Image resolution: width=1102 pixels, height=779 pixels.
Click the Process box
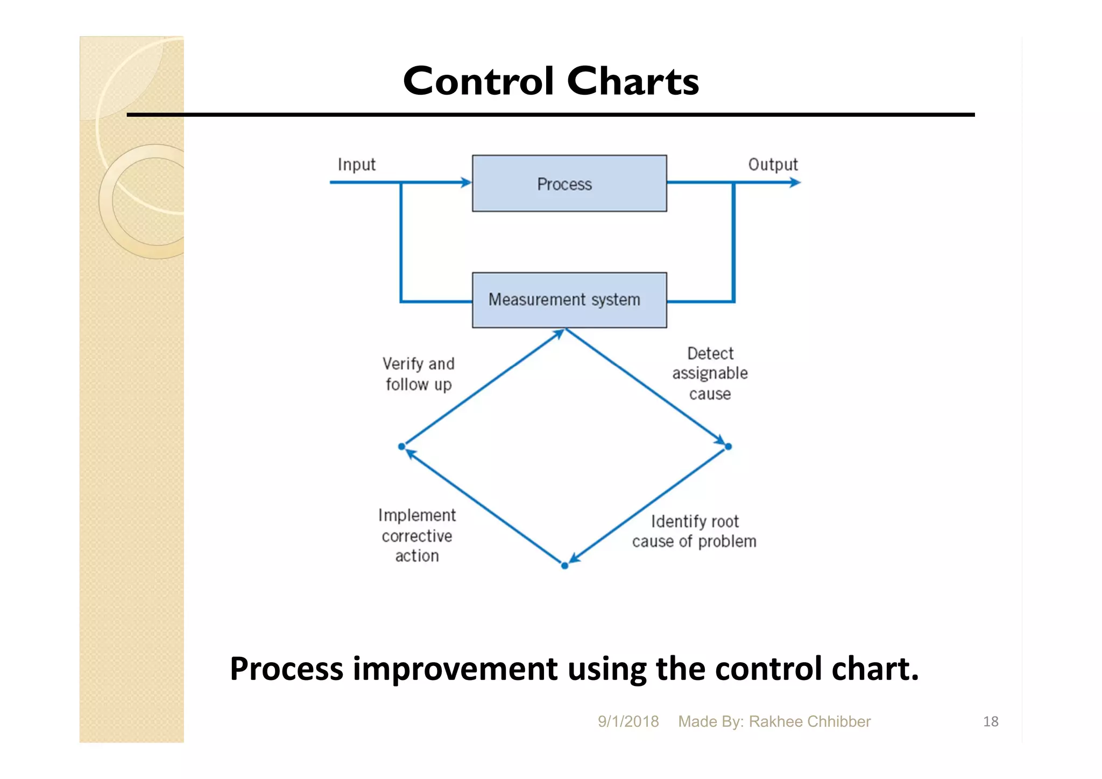point(569,183)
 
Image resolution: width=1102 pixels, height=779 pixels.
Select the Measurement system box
point(569,300)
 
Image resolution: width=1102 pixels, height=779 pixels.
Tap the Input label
point(356,165)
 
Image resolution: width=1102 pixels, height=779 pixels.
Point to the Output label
point(773,165)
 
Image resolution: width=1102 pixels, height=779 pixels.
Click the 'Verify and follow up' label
point(419,374)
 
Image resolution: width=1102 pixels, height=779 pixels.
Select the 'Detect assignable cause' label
point(710,373)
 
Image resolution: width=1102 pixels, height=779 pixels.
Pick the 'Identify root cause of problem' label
point(694,531)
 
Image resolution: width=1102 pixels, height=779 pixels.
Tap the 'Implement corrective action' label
point(417,535)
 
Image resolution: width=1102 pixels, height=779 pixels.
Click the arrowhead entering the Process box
point(466,183)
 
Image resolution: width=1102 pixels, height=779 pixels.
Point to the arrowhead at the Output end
point(795,183)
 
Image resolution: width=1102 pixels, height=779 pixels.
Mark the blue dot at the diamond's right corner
point(729,447)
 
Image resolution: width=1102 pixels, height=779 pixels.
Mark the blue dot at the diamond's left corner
point(401,447)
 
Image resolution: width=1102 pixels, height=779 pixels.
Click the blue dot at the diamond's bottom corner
point(564,565)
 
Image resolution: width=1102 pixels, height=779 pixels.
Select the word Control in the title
point(478,81)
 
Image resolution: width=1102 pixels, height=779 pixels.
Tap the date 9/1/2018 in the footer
point(628,721)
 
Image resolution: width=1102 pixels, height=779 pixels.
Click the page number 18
point(991,721)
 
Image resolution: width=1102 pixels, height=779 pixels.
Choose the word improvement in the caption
point(455,669)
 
